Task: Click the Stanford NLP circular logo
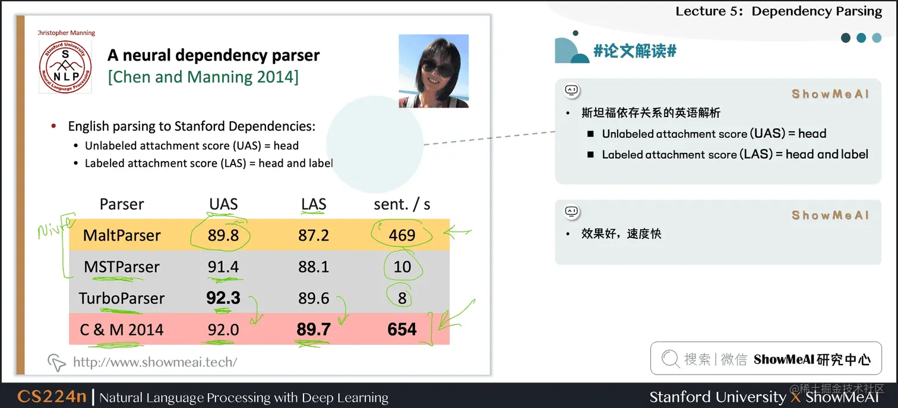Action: [x=65, y=67]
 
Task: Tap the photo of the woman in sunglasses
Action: [x=434, y=71]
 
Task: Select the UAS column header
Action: [x=223, y=204]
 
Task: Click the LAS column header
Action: [x=314, y=204]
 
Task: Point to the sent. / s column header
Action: [x=402, y=204]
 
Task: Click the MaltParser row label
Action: [x=122, y=235]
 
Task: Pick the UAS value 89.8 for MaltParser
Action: [x=223, y=235]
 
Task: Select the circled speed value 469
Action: [x=402, y=235]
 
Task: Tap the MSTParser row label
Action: [x=122, y=267]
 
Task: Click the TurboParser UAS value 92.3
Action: [x=223, y=298]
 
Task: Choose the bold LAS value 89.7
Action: [x=314, y=330]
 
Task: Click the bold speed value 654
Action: [x=402, y=330]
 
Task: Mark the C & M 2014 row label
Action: [x=122, y=330]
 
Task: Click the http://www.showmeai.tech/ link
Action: [x=155, y=362]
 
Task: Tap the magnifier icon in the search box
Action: [x=670, y=359]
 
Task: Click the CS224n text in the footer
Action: [x=52, y=397]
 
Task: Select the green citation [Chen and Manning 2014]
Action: [x=203, y=77]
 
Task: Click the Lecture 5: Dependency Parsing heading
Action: [x=779, y=11]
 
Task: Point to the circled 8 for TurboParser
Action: [x=402, y=298]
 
